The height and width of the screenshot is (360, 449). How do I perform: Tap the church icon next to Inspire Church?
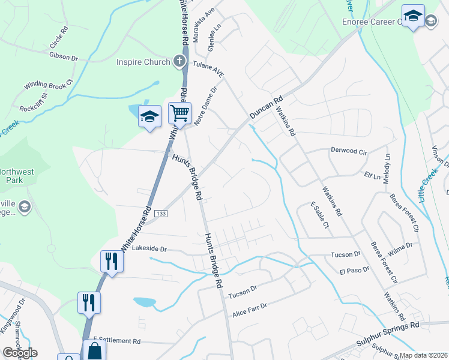(x=178, y=61)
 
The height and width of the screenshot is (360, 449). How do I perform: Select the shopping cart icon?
(x=179, y=112)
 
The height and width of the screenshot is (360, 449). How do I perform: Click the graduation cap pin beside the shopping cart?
(x=149, y=116)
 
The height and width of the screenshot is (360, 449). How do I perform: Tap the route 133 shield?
(x=160, y=213)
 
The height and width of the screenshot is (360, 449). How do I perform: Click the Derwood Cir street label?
(x=349, y=151)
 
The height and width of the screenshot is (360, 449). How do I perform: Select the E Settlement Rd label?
(x=116, y=340)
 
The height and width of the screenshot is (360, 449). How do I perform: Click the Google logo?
(x=20, y=353)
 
